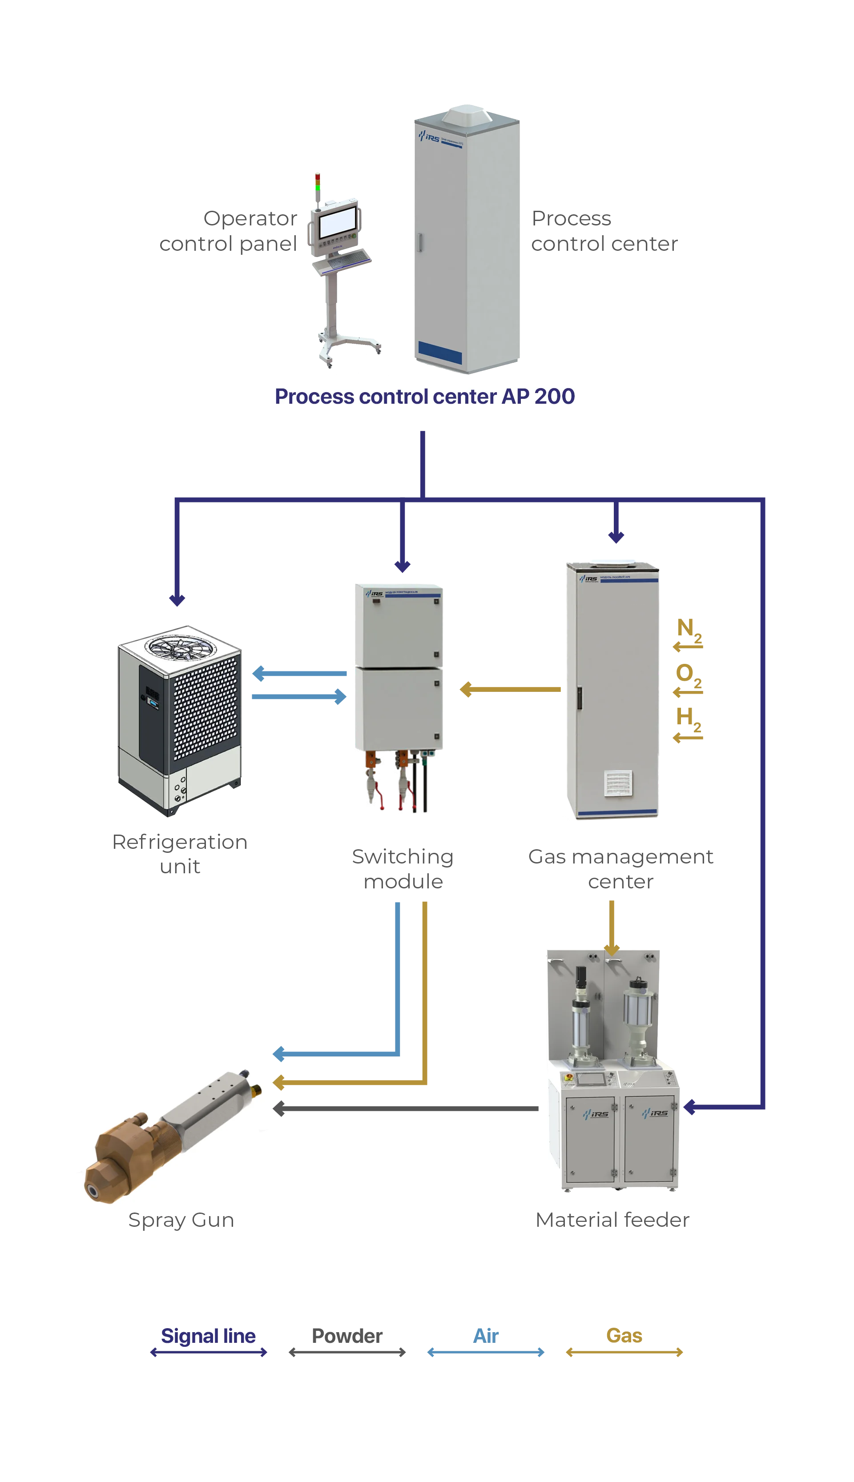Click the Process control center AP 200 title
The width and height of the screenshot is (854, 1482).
(425, 396)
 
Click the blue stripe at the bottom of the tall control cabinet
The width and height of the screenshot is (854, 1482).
(440, 352)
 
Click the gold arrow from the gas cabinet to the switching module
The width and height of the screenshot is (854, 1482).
(510, 690)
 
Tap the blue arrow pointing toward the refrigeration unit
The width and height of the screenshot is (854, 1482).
(299, 674)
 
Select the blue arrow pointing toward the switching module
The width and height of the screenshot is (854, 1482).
(299, 697)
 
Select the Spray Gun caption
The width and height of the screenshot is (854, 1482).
(181, 1221)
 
